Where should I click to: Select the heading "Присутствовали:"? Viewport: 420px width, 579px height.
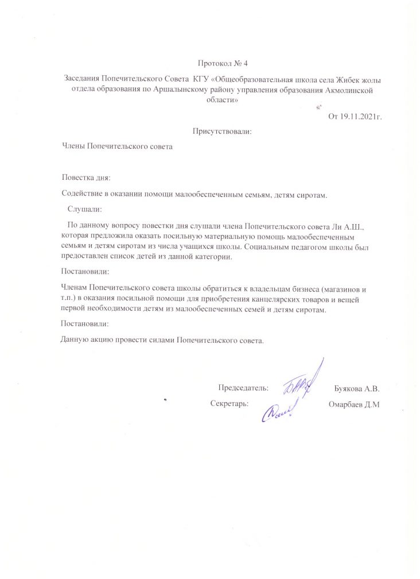(x=223, y=132)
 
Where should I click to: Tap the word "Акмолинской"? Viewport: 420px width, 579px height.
(x=352, y=89)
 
